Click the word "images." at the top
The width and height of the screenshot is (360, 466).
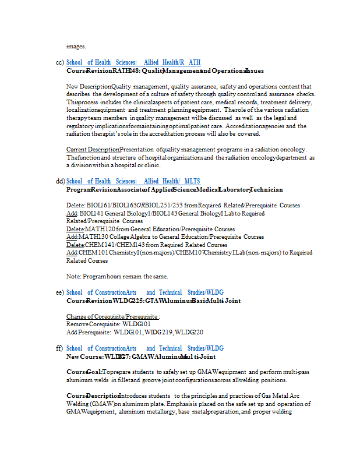(76, 46)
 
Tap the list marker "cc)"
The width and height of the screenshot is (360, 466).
(59, 62)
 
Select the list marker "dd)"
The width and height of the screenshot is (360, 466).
(59, 181)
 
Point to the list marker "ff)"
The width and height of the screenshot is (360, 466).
(59, 348)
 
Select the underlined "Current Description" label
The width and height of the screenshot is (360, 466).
(93, 149)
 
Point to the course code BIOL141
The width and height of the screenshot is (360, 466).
(90, 213)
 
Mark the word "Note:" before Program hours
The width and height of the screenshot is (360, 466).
(74, 276)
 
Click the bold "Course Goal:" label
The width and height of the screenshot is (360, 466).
(84, 372)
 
